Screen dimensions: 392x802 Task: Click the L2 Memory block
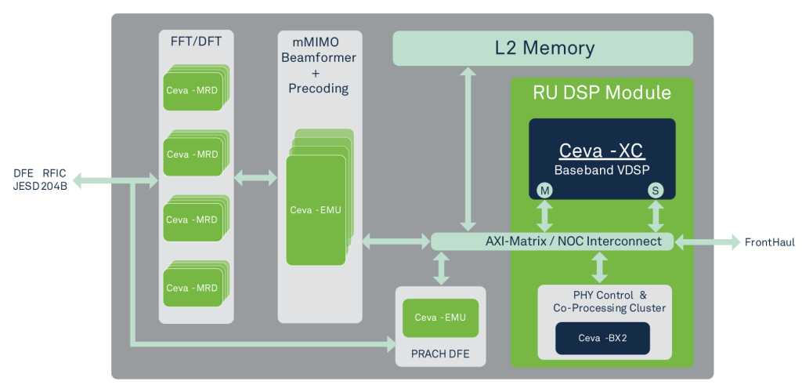(x=542, y=49)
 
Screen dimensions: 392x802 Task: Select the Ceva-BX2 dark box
(x=602, y=338)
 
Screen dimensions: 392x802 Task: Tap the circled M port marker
(x=544, y=190)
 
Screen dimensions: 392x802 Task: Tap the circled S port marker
(x=655, y=190)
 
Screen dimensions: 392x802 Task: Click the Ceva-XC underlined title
(x=601, y=151)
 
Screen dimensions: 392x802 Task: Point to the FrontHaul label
(x=769, y=242)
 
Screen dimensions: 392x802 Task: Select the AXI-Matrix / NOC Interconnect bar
(x=551, y=241)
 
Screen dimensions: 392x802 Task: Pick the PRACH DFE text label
(x=441, y=354)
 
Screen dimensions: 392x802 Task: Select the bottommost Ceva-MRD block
(x=193, y=288)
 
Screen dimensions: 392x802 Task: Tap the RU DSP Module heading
(x=601, y=93)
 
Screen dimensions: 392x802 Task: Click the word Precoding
(x=319, y=88)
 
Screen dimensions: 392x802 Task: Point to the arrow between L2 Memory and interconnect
(x=468, y=149)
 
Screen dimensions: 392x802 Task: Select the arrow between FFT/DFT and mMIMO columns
(x=255, y=179)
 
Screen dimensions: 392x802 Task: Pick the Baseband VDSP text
(x=601, y=169)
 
